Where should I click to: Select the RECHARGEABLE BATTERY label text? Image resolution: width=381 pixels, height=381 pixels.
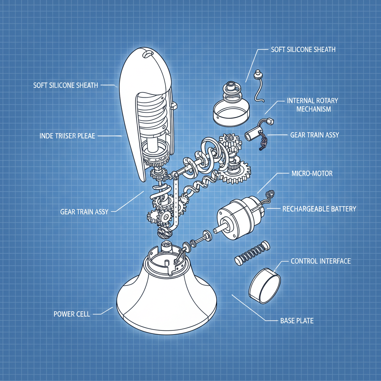click(x=319, y=209)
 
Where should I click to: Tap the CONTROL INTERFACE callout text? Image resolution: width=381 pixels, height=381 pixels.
click(x=320, y=261)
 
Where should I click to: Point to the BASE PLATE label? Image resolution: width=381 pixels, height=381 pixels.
click(x=297, y=320)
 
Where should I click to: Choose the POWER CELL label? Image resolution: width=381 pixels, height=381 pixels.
click(x=72, y=314)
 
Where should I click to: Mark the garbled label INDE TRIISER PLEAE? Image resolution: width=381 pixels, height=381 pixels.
click(x=67, y=136)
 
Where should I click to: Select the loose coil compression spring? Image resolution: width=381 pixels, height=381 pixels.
click(x=252, y=253)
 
